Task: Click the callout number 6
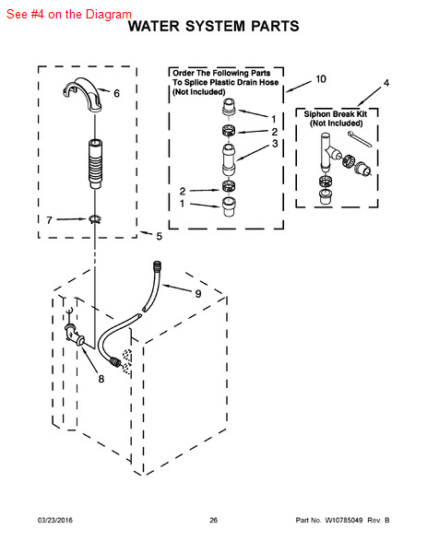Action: (x=116, y=93)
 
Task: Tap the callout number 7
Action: (x=49, y=220)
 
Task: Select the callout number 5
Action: (x=160, y=236)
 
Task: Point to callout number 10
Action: (x=320, y=79)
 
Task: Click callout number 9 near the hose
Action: (x=198, y=293)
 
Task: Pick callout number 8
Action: (x=101, y=379)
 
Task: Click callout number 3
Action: (x=275, y=144)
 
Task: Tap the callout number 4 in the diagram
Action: (x=386, y=83)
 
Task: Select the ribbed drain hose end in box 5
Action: (x=95, y=164)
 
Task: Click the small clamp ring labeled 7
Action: (x=95, y=219)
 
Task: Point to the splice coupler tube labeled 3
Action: (x=229, y=159)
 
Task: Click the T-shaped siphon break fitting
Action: (x=326, y=152)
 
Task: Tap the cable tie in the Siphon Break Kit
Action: (x=360, y=139)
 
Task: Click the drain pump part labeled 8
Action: (x=74, y=334)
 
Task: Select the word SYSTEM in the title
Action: (x=215, y=27)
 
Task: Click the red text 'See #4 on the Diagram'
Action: (x=69, y=14)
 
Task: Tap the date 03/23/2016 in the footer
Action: (x=55, y=520)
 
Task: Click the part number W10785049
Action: (x=344, y=520)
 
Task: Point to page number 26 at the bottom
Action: (x=214, y=520)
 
